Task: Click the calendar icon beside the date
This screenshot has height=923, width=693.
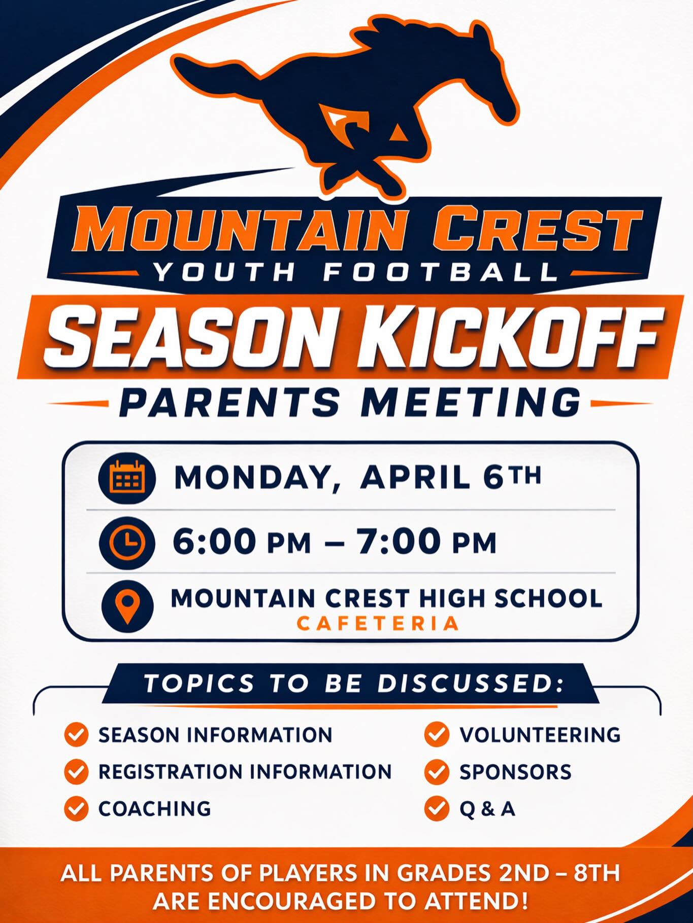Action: coord(127,478)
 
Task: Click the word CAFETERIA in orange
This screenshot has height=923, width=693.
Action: coord(378,623)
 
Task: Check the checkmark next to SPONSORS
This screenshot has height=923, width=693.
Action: coord(437,772)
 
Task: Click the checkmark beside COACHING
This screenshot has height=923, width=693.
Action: coord(77,808)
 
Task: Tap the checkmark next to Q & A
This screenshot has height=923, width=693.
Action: coord(437,808)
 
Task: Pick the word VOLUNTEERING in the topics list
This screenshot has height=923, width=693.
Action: coord(540,735)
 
